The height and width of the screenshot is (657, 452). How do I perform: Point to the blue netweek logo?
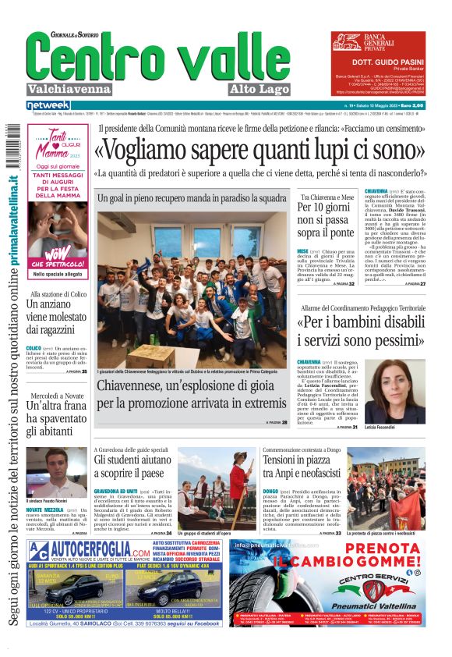[x=48, y=105]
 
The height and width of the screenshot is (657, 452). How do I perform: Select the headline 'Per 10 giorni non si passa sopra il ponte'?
[x=325, y=221]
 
